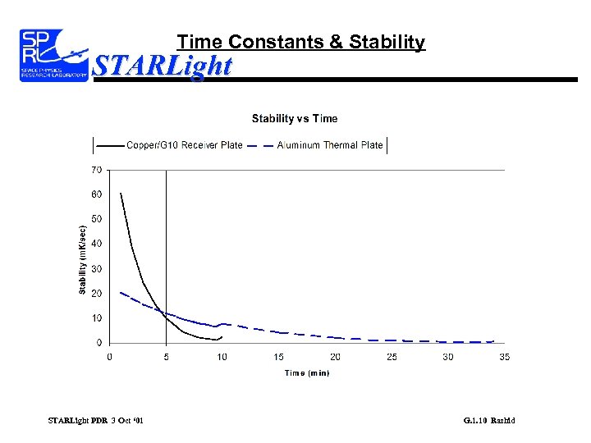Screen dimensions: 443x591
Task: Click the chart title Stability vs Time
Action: click(x=294, y=119)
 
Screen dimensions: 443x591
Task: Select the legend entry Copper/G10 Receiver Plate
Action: click(x=184, y=145)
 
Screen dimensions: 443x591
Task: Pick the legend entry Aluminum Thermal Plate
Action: click(x=329, y=145)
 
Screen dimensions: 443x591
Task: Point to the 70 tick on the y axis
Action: click(x=97, y=170)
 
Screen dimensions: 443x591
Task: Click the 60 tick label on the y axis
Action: click(x=97, y=194)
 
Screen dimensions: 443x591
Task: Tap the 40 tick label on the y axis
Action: click(x=97, y=244)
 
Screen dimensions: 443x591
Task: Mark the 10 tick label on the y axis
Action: click(x=97, y=317)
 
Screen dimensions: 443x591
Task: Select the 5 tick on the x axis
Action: click(x=167, y=357)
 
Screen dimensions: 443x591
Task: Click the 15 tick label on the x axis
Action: click(x=279, y=357)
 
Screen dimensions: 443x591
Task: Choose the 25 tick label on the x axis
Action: click(x=392, y=357)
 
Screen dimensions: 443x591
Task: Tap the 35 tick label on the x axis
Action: click(x=504, y=357)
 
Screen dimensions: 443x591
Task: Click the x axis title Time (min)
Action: click(x=307, y=372)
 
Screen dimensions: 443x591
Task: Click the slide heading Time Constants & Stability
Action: click(x=301, y=42)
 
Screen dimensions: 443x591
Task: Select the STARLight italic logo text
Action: click(x=163, y=65)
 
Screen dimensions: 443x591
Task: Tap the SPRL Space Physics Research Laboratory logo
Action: click(x=53, y=54)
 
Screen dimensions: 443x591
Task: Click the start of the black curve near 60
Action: click(x=121, y=194)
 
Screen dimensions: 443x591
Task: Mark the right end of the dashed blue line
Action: click(x=492, y=340)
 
